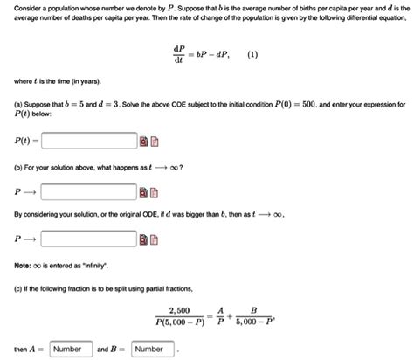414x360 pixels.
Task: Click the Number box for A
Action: pos(66,349)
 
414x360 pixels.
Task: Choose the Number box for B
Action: pos(148,349)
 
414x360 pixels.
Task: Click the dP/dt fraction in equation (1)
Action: pos(180,54)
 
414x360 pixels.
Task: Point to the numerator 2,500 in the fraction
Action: pos(178,310)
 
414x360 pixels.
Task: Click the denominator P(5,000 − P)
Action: pos(178,323)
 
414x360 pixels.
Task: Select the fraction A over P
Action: pos(221,316)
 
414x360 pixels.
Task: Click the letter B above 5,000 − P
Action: pos(253,310)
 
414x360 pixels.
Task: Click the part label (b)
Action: pos(18,166)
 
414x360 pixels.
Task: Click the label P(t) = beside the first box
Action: pos(23,141)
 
